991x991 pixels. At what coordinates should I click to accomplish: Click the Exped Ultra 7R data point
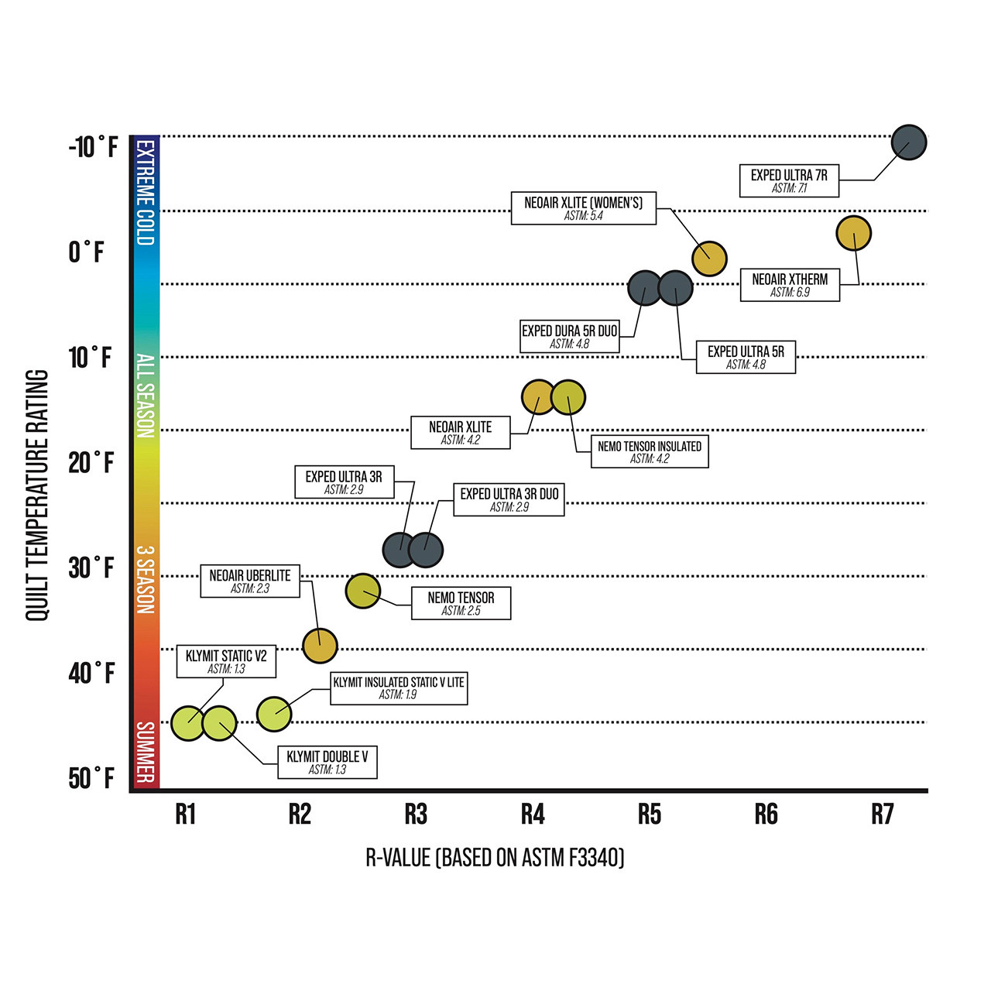(x=908, y=142)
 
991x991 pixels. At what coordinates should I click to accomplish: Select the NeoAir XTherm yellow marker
(x=854, y=233)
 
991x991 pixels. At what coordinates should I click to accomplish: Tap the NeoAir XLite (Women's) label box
(x=583, y=208)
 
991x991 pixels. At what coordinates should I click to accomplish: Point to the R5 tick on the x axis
(x=650, y=814)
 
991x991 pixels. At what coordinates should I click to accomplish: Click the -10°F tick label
(x=93, y=146)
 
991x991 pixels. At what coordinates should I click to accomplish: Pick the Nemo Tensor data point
(x=362, y=592)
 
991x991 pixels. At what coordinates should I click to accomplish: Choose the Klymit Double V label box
(x=327, y=763)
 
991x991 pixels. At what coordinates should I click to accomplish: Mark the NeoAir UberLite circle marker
(x=320, y=645)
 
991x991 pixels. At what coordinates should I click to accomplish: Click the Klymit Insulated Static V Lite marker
(x=274, y=714)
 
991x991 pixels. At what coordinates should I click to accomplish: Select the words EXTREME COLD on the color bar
(x=145, y=193)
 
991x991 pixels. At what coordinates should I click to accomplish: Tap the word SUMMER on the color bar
(x=145, y=752)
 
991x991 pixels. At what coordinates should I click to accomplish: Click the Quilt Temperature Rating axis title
(x=37, y=495)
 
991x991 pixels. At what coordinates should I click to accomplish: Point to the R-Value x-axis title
(x=495, y=858)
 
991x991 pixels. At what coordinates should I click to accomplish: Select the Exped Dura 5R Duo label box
(x=570, y=337)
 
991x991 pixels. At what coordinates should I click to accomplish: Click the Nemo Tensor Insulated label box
(x=650, y=451)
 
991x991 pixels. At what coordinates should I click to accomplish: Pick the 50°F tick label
(x=91, y=778)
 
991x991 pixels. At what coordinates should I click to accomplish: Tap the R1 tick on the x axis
(x=185, y=814)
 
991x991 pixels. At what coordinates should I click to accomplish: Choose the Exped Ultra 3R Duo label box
(x=509, y=499)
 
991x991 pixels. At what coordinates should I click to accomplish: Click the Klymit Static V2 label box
(x=226, y=661)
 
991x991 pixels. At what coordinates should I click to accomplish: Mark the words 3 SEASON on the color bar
(x=145, y=580)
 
